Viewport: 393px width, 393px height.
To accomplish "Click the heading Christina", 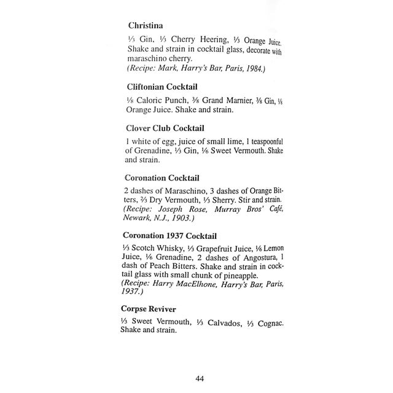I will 146,26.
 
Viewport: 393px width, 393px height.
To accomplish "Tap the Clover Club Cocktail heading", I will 168,129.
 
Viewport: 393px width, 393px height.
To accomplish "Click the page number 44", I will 199,378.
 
